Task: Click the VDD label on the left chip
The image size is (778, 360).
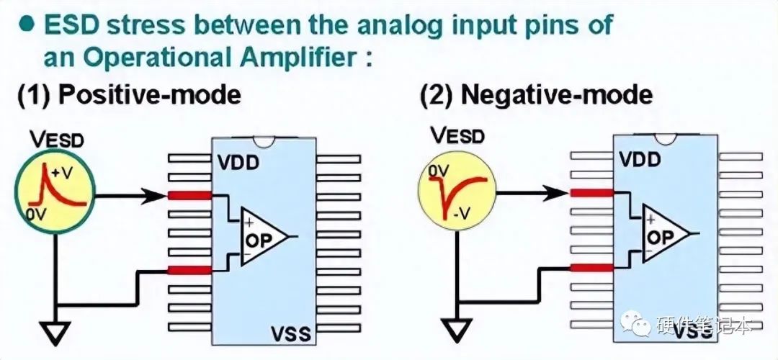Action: click(237, 162)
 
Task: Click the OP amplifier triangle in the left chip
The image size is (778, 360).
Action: click(264, 238)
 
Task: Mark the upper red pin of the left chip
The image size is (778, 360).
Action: click(189, 195)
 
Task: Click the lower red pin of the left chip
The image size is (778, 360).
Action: click(189, 270)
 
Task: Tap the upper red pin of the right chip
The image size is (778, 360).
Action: click(591, 192)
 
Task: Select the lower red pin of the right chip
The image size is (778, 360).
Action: click(591, 268)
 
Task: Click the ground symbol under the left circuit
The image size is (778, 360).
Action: click(55, 333)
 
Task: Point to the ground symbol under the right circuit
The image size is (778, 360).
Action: click(457, 330)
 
